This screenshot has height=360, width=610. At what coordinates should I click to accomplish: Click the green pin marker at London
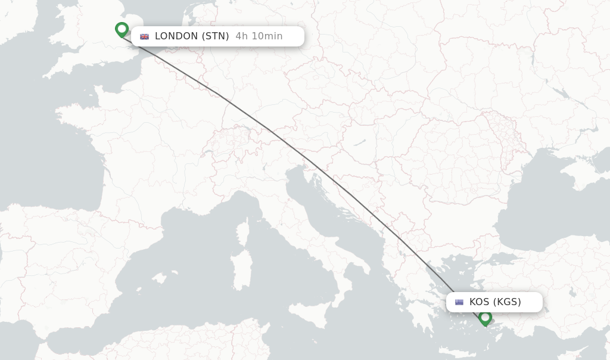point(122,29)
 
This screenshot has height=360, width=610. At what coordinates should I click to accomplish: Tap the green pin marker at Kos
point(485,318)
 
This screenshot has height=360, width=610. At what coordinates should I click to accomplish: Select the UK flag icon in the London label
point(144,36)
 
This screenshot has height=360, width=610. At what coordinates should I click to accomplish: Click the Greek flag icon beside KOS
point(459,302)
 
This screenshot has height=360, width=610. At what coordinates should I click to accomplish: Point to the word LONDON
point(176,36)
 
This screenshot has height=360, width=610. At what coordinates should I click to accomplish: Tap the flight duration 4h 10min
point(259,36)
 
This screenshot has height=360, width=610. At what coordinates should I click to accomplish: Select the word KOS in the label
point(480,302)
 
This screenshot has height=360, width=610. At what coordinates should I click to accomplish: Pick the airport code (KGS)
point(507,302)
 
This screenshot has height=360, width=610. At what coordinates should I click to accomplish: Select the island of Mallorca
point(158,278)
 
